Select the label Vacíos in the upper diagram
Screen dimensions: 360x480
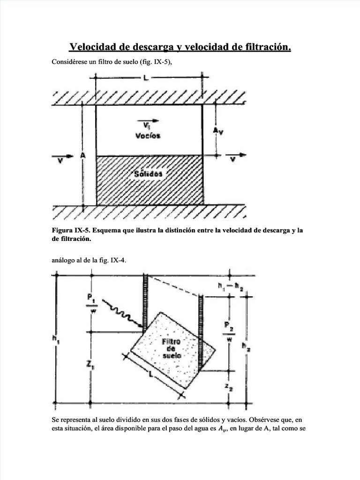[x=148, y=135]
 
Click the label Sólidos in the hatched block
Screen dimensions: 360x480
[x=148, y=173]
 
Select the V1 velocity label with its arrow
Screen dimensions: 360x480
[x=147, y=124]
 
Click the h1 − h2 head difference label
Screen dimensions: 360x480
[x=230, y=286]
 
